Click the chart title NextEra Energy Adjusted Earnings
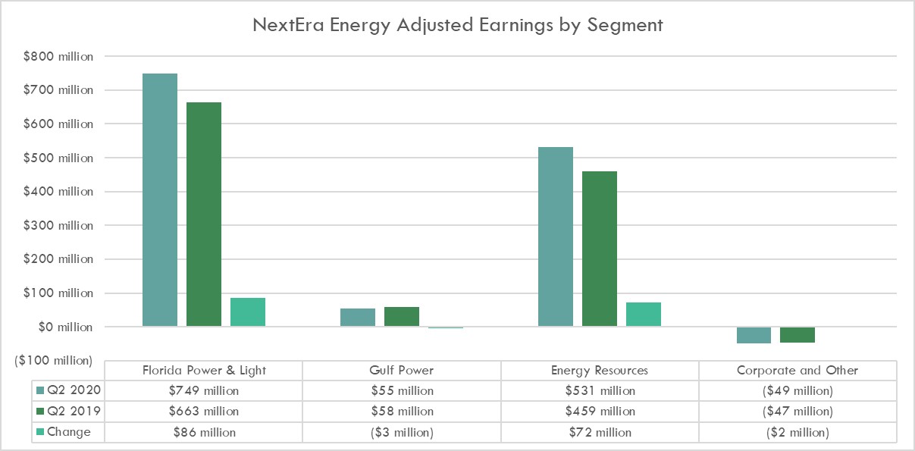[x=458, y=25]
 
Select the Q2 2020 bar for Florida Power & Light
[x=160, y=200]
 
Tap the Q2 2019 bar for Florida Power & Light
[x=204, y=215]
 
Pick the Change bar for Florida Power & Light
[x=248, y=312]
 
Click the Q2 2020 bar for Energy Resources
[x=556, y=237]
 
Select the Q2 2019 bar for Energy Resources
[x=600, y=249]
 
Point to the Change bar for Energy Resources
[x=644, y=315]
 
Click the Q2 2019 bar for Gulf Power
[x=402, y=317]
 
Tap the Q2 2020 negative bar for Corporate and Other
[x=754, y=335]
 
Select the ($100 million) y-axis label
[x=52, y=360]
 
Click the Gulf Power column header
[x=401, y=371]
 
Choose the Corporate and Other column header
[x=797, y=371]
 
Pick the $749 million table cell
[x=204, y=391]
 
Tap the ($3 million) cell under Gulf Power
[x=401, y=432]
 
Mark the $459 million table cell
[x=600, y=412]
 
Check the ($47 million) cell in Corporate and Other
[x=797, y=412]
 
